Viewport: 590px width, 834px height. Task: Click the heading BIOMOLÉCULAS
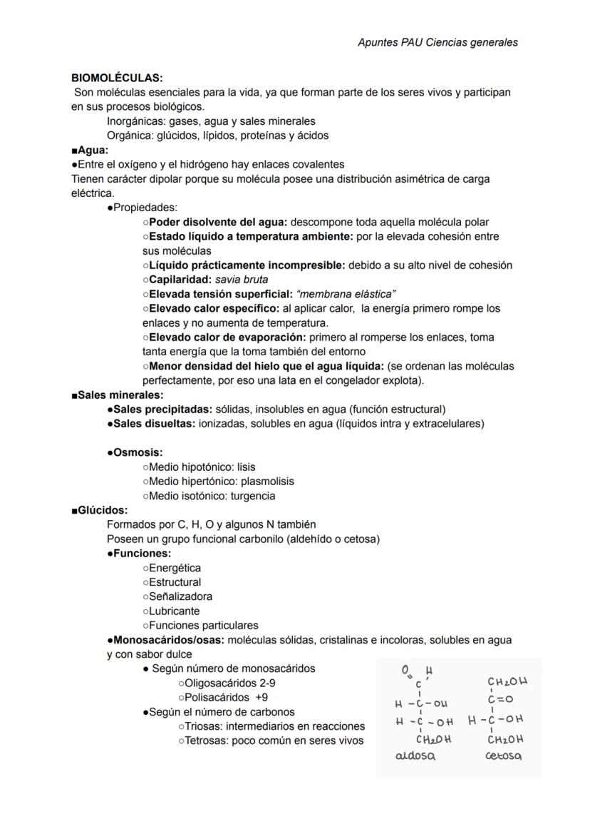(117, 78)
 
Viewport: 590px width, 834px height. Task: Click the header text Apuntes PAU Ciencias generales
(438, 42)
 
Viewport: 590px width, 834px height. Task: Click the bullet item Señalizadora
(180, 596)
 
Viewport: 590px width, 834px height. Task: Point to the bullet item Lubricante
(174, 611)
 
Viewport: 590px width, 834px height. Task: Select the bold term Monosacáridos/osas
(169, 640)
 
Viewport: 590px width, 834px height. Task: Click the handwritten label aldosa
(415, 757)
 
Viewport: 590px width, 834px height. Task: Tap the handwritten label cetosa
(503, 756)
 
